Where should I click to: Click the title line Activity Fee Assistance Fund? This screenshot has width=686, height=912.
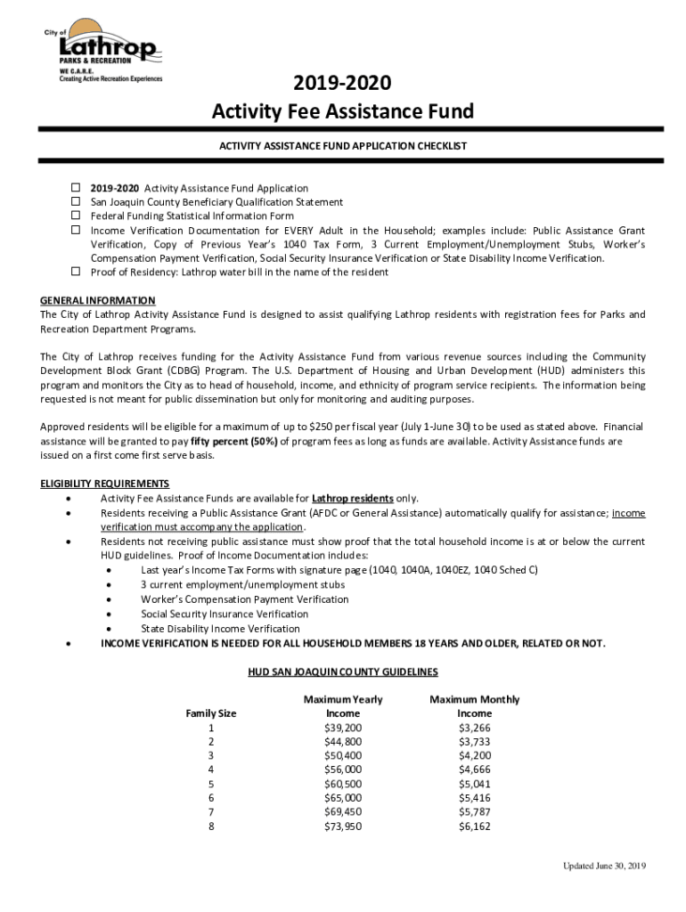343,112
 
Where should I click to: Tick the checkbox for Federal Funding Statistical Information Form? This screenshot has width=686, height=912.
76,216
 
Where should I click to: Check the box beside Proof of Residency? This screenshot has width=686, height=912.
76,272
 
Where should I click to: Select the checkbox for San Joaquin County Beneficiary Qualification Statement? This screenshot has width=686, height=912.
76,202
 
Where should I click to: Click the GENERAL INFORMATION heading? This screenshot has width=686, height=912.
98,300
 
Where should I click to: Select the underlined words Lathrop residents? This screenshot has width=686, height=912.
353,498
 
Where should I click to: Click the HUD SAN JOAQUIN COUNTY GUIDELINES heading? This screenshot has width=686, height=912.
343,672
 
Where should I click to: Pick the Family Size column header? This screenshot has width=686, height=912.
211,713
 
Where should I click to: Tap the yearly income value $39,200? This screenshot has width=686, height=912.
343,728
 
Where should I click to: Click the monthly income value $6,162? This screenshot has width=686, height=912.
474,826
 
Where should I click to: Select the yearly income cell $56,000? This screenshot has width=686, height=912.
343,769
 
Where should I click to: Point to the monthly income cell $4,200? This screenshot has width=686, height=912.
474,756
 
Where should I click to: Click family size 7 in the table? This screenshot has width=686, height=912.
211,812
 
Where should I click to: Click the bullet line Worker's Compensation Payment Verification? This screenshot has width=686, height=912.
245,599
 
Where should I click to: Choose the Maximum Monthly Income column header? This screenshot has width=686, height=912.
474,706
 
